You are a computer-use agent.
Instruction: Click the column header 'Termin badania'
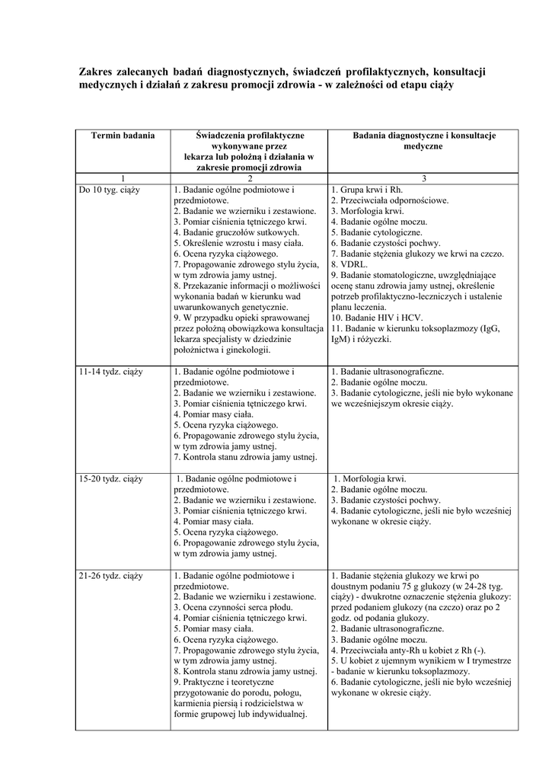coord(123,135)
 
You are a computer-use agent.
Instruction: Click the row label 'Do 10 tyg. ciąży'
coord(108,189)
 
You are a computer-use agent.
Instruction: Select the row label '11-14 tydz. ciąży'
coord(110,372)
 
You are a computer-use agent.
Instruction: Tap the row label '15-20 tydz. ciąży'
coord(110,479)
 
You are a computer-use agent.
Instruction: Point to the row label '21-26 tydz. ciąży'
coord(110,576)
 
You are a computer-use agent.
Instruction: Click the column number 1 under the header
coord(123,178)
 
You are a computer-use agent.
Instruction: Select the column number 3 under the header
coord(423,178)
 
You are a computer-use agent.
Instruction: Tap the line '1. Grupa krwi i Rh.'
coord(366,189)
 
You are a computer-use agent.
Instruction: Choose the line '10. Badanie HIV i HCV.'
coord(378,318)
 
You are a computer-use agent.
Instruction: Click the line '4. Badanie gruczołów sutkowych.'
coord(236,232)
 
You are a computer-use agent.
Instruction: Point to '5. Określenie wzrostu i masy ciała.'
coord(238,243)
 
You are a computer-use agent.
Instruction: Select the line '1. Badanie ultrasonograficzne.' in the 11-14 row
coord(388,372)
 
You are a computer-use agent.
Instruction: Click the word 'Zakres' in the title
coord(97,71)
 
